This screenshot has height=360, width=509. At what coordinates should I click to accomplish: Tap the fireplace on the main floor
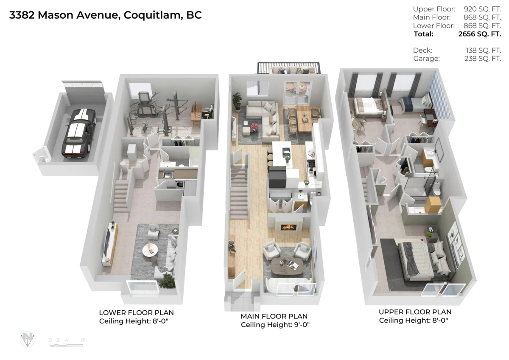point(288,227)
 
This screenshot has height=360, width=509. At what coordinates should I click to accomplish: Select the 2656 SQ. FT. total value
point(479,34)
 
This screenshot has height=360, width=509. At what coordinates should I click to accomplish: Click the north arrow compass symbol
point(28,339)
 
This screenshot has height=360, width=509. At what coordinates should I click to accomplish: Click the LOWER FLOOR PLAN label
point(136,313)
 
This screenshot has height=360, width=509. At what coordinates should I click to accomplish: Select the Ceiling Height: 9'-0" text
point(275,325)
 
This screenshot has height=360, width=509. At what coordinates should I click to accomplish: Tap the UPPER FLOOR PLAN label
point(415,312)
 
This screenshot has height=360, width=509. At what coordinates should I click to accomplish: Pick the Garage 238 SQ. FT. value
point(483,59)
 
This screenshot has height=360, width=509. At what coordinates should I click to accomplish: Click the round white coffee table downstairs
point(150,250)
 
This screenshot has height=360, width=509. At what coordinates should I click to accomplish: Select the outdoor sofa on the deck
point(289,70)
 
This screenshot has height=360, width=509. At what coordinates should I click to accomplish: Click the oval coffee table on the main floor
point(287,265)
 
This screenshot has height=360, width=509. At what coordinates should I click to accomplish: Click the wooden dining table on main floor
point(304,118)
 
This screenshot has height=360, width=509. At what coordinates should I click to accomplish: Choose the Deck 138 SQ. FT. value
point(483,50)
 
